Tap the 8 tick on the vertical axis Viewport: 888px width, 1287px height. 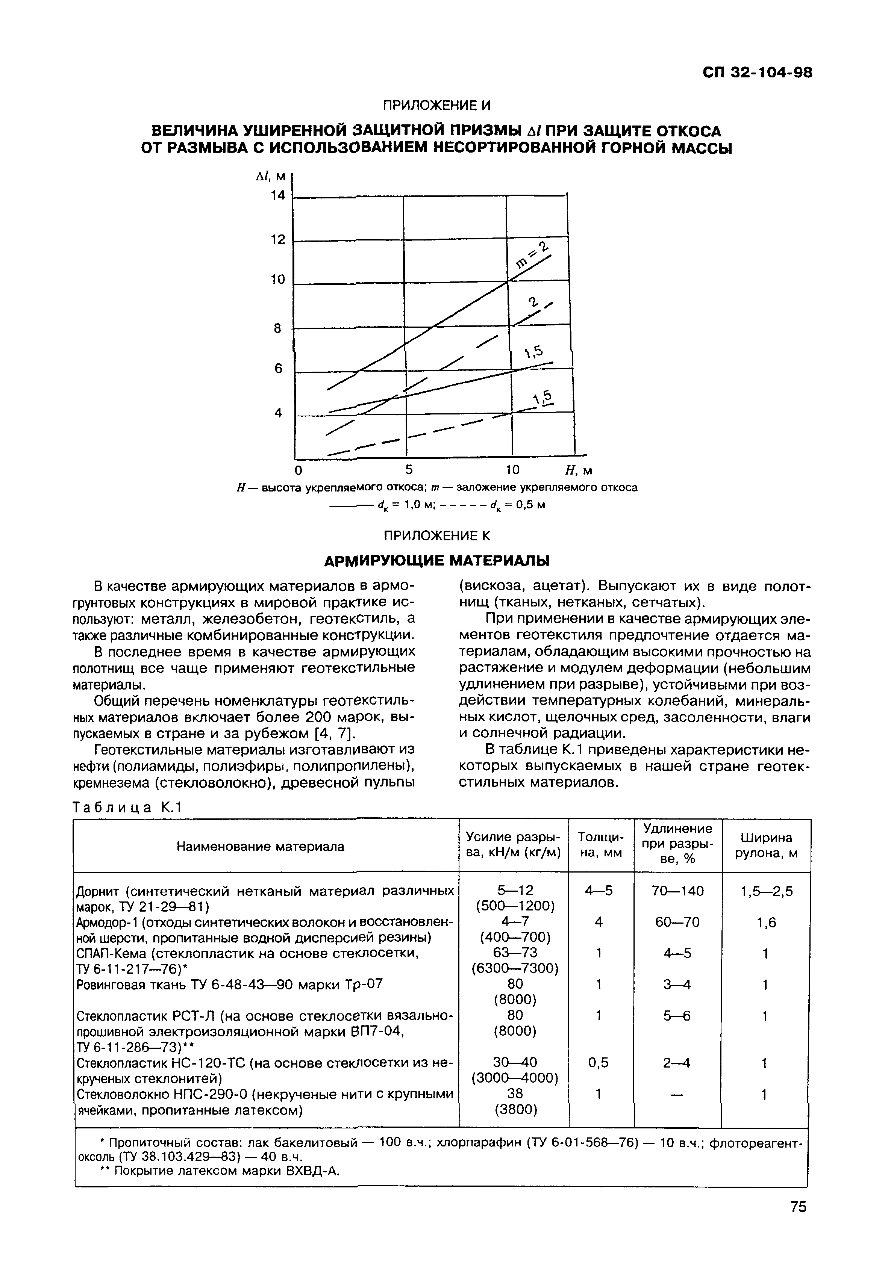pyautogui.click(x=277, y=329)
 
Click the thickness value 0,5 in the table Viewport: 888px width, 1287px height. pyautogui.click(x=598, y=1063)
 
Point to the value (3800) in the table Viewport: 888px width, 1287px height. pyautogui.click(x=515, y=1110)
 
